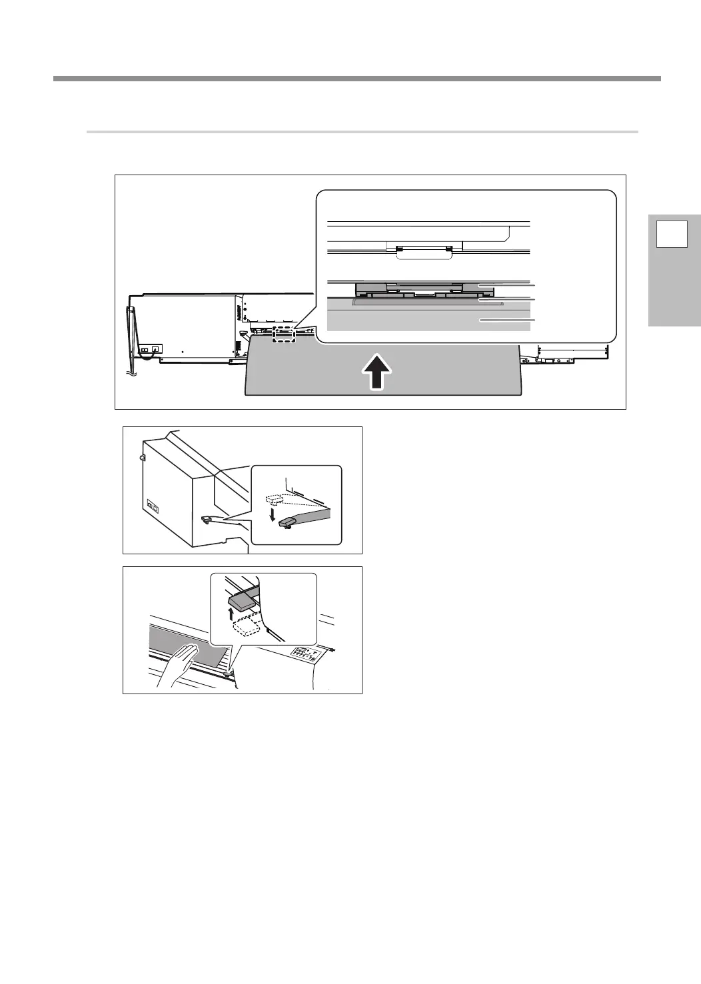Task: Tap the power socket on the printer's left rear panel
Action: pyautogui.click(x=155, y=349)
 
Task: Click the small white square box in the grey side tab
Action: pyautogui.click(x=672, y=237)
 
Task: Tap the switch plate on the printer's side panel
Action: pyautogui.click(x=153, y=507)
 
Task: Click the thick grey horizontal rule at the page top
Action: pyautogui.click(x=356, y=79)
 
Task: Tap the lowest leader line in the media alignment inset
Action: pyautogui.click(x=506, y=321)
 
